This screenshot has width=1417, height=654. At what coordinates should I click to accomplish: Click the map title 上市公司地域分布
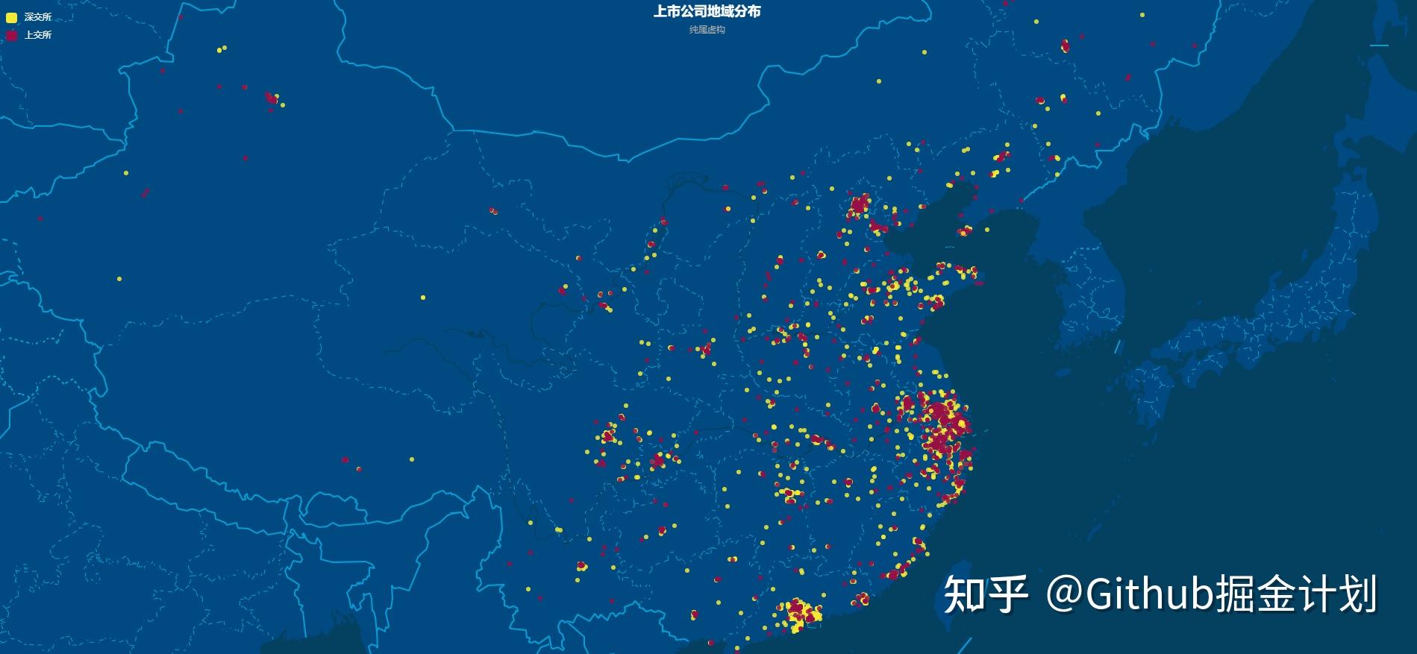pos(707,12)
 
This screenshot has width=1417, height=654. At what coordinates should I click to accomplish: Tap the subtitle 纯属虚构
pos(707,30)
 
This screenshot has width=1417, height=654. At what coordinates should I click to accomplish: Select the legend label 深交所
pos(38,17)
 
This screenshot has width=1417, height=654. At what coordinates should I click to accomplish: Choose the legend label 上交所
pos(38,35)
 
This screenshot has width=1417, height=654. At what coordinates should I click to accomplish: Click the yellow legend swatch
pos(12,17)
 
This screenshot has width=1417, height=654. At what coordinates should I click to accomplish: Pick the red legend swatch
pos(12,35)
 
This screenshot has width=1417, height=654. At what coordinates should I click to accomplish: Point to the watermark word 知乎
pos(985,594)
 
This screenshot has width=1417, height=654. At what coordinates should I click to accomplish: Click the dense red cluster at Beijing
pos(859,204)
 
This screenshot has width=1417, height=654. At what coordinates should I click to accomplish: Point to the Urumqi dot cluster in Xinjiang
pos(272,98)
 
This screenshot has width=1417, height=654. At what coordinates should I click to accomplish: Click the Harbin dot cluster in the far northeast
pos(1065,46)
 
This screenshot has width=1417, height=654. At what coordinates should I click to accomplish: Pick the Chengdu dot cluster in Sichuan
pos(609,435)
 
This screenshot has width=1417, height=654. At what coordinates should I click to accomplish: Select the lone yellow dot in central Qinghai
pos(423,298)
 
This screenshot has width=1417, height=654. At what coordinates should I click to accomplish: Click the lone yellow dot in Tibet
pos(411,459)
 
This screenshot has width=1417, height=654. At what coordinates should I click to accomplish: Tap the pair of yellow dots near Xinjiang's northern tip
pos(222,49)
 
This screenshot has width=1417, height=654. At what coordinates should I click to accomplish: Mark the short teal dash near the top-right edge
pos(1379,45)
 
